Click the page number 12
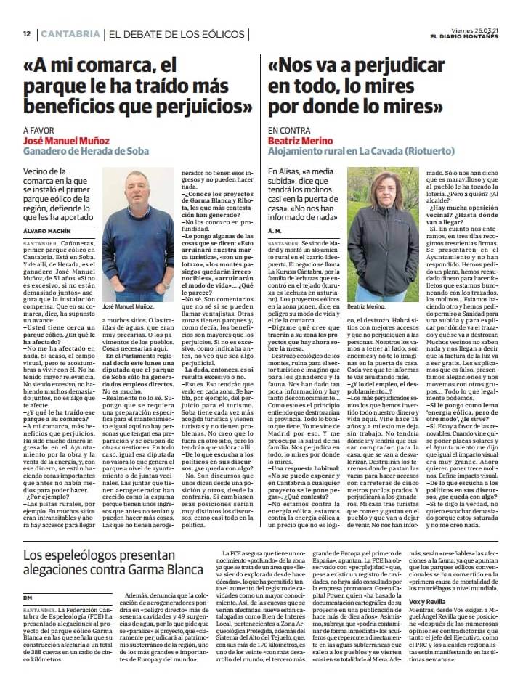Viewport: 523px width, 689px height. tap(26, 34)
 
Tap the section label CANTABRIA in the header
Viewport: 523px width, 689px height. tap(70, 34)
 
